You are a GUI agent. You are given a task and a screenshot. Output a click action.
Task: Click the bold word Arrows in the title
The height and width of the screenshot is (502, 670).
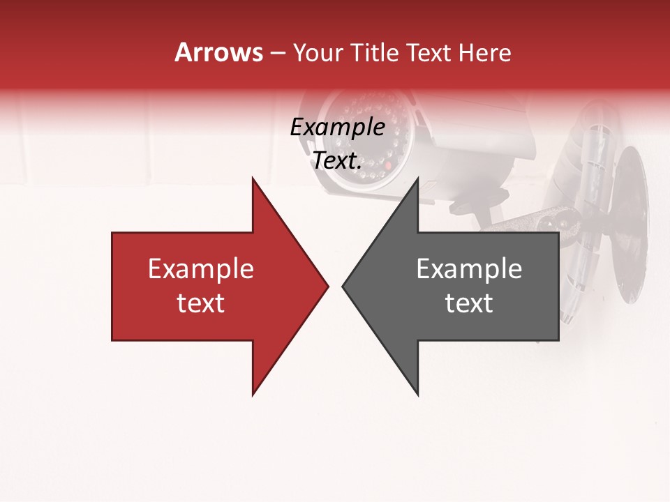coord(218,52)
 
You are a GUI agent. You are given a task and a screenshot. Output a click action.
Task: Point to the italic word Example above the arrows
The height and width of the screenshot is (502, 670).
coord(337,128)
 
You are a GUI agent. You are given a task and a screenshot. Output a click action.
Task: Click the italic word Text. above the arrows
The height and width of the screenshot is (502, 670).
coord(337,161)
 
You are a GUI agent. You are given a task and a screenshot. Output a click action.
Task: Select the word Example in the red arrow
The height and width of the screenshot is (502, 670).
coord(201,269)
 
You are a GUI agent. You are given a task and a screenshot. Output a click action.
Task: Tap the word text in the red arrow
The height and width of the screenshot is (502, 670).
coord(201,303)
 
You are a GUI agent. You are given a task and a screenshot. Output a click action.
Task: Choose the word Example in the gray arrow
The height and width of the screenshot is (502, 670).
coord(469,269)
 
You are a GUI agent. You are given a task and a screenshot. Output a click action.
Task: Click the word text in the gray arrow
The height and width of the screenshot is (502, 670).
coord(469,303)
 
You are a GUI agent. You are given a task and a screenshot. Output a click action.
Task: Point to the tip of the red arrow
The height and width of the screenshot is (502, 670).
coord(327,286)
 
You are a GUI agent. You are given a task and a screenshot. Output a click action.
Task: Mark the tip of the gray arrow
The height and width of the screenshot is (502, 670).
coord(343,286)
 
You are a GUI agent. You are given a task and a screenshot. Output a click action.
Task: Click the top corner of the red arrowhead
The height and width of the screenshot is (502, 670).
coord(253,178)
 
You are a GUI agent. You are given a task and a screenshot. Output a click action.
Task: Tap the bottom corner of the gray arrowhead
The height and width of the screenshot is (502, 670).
coord(417,395)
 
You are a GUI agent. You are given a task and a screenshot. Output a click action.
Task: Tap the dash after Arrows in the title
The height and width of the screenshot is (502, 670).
coord(277,54)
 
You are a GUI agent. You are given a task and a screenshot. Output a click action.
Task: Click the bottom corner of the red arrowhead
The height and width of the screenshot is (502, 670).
coord(253,395)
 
